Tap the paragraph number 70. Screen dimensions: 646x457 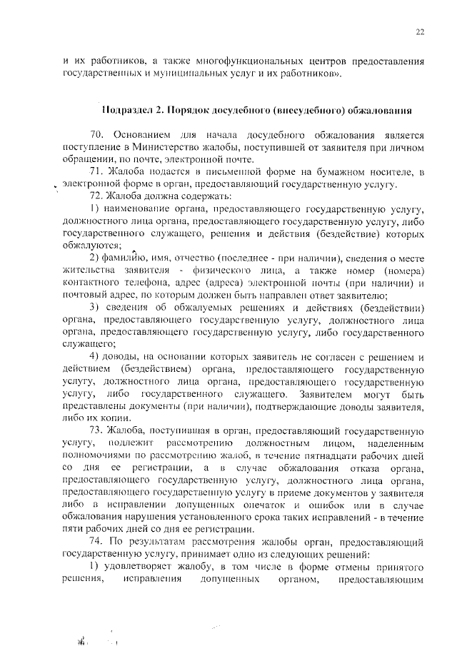pos(97,135)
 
